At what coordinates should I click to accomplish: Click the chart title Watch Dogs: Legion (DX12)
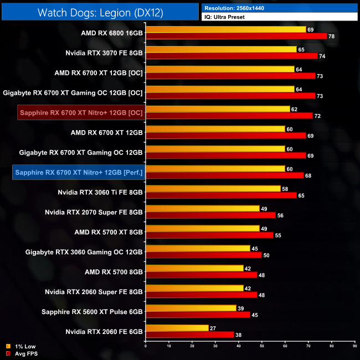(x=100, y=12)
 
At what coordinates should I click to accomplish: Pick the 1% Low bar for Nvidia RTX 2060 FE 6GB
(x=177, y=328)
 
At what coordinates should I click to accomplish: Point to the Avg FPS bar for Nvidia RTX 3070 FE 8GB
(x=232, y=56)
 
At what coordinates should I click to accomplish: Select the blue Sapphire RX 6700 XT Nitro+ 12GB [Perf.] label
(x=79, y=173)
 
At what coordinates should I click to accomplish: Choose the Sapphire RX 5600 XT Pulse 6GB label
(x=92, y=312)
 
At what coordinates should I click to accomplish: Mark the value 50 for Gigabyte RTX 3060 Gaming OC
(x=266, y=255)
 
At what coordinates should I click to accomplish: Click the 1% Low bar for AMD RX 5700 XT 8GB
(x=203, y=228)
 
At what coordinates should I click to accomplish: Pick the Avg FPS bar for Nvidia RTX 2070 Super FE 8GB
(x=210, y=215)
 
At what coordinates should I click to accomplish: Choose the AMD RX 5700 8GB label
(x=114, y=272)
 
